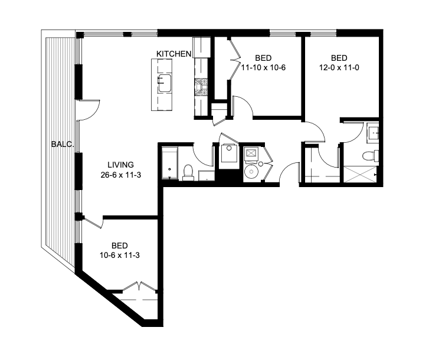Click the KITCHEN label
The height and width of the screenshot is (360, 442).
(x=173, y=54)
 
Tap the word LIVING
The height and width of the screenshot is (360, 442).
(x=120, y=165)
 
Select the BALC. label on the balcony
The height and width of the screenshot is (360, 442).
(x=61, y=143)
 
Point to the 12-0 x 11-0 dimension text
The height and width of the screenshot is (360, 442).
(x=339, y=68)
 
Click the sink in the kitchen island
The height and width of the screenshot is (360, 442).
(x=163, y=83)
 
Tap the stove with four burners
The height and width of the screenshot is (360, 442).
(x=202, y=87)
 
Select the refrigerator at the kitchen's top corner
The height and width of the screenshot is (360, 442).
(x=202, y=47)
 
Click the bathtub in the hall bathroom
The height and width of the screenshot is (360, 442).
(x=170, y=163)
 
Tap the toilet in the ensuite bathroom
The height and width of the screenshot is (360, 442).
(x=370, y=156)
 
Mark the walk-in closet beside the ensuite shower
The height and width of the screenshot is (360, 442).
(x=319, y=164)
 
